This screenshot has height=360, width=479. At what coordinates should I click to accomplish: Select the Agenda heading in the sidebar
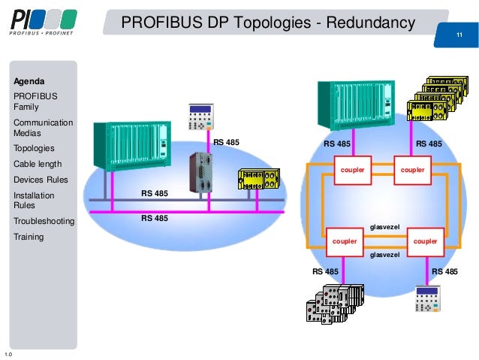[x=29, y=81]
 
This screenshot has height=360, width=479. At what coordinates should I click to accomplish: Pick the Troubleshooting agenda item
[x=44, y=221]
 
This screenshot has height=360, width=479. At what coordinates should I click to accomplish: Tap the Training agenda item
[x=29, y=237]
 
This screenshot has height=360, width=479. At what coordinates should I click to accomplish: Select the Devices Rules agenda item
[x=41, y=180]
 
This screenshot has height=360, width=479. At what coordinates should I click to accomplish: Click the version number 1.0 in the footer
[x=8, y=353]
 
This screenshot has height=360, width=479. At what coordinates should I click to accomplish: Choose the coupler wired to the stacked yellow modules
[x=412, y=170]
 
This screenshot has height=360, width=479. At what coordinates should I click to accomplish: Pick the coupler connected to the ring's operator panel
[x=425, y=241]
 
